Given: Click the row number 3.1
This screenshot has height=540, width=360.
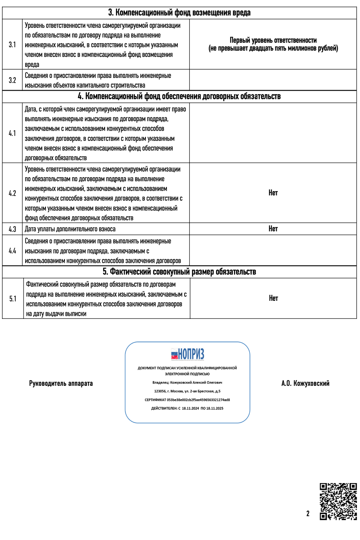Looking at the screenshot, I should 12,45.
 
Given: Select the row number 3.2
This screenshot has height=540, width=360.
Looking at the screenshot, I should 12,80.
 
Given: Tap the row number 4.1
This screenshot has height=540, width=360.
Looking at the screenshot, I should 12,133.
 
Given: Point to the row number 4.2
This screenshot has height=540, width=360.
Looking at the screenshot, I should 12,193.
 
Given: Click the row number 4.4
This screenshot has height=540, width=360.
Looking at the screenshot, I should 12,251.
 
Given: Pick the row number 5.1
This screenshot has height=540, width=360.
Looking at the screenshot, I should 13,299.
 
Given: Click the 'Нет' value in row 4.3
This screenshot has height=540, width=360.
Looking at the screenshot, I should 273,229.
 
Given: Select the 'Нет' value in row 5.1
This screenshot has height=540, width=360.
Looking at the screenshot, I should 273,298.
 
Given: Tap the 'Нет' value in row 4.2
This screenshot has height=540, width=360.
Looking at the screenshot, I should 273,193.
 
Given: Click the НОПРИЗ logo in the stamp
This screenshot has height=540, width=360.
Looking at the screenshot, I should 187,354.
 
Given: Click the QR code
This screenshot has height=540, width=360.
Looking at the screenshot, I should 338,501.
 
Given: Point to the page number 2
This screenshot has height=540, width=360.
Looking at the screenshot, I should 308,514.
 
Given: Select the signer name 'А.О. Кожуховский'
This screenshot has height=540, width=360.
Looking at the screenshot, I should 305,384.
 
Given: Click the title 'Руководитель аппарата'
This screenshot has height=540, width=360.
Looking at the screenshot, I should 61,384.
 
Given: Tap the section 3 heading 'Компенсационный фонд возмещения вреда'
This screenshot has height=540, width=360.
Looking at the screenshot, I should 179,13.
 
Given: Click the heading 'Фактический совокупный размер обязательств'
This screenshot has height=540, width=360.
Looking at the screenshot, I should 179,272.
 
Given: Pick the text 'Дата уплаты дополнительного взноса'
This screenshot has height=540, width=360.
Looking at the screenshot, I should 70,229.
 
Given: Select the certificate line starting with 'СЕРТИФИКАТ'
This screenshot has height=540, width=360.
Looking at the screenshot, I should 187,400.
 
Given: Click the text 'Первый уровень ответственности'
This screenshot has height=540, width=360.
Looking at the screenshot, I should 273,40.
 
